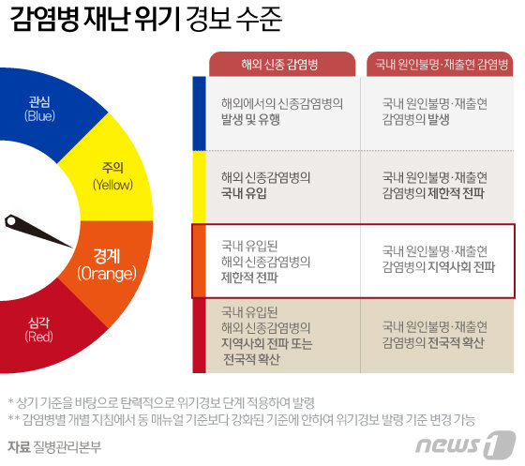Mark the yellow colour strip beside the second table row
[x=198, y=186]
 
